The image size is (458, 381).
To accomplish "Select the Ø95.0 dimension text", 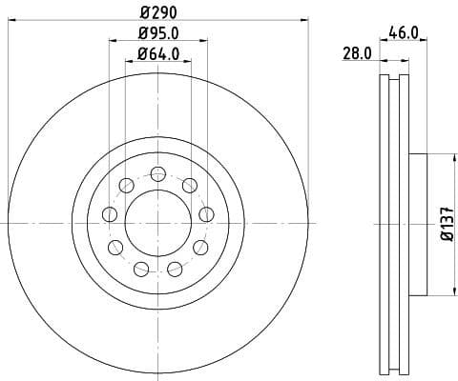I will point(158,35).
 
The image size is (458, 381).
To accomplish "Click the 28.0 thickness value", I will point(357,54).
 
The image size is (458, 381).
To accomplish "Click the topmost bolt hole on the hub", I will point(158,173).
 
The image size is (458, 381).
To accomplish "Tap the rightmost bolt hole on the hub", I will point(204,213).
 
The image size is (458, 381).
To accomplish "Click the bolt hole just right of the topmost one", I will point(190,185).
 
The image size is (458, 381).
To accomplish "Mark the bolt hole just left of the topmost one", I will point(127,185).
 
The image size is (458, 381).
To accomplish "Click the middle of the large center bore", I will point(158,220).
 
